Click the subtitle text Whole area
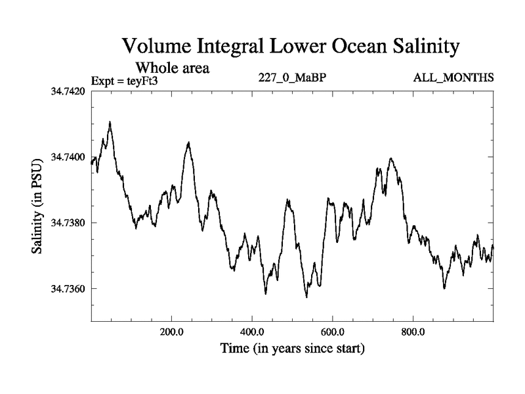172,68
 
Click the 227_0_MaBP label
293,78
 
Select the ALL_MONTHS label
453,78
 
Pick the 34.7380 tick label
69,223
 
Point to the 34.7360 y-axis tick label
69,288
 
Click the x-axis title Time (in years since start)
293,348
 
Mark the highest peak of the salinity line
110,121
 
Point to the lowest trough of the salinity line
306,297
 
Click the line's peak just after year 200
189,142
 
